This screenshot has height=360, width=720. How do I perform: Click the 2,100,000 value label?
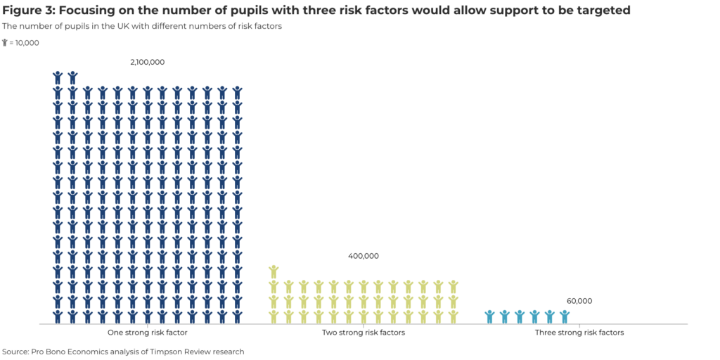(x=147, y=62)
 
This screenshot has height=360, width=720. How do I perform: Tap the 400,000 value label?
(x=364, y=256)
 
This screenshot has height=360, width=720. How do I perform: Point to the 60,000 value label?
(x=579, y=301)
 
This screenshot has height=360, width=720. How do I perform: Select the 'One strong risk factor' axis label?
(x=147, y=333)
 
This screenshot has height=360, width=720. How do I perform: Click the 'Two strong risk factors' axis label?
(x=364, y=333)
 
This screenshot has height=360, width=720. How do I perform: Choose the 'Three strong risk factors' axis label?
(x=579, y=333)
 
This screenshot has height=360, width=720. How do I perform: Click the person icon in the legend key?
(x=5, y=43)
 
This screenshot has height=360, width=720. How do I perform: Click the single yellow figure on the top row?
(x=274, y=271)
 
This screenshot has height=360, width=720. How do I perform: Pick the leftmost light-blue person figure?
(x=489, y=316)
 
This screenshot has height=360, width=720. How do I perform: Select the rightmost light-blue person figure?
(x=564, y=316)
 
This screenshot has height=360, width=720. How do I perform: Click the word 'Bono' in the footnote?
(x=59, y=352)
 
